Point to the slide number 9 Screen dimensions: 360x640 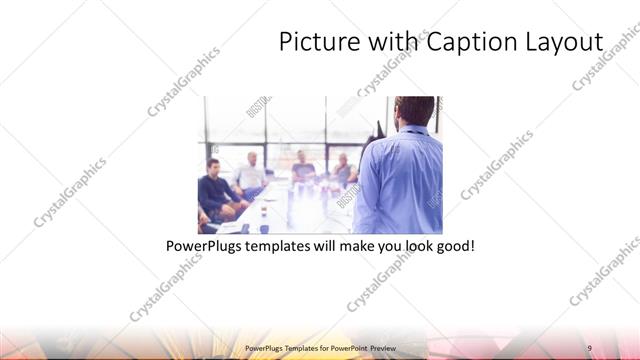pyautogui.click(x=590, y=347)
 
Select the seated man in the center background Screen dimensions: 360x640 pyautogui.click(x=302, y=167)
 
